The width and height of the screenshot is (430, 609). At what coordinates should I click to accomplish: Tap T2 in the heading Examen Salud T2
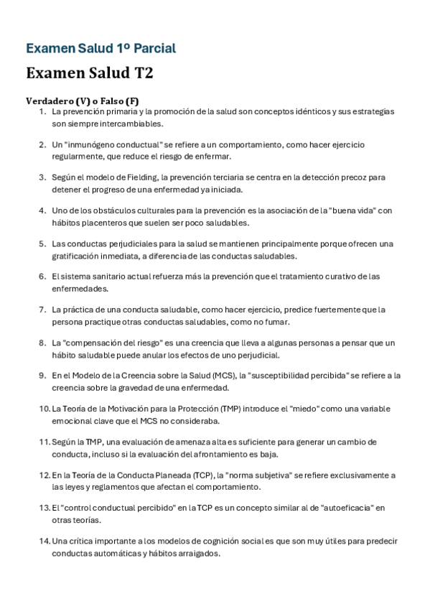point(141,73)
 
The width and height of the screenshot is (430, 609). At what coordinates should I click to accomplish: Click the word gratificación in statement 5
point(77,256)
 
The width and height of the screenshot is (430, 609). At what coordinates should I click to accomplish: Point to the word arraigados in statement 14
point(193,553)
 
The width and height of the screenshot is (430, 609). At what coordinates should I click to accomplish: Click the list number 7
point(42,310)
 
